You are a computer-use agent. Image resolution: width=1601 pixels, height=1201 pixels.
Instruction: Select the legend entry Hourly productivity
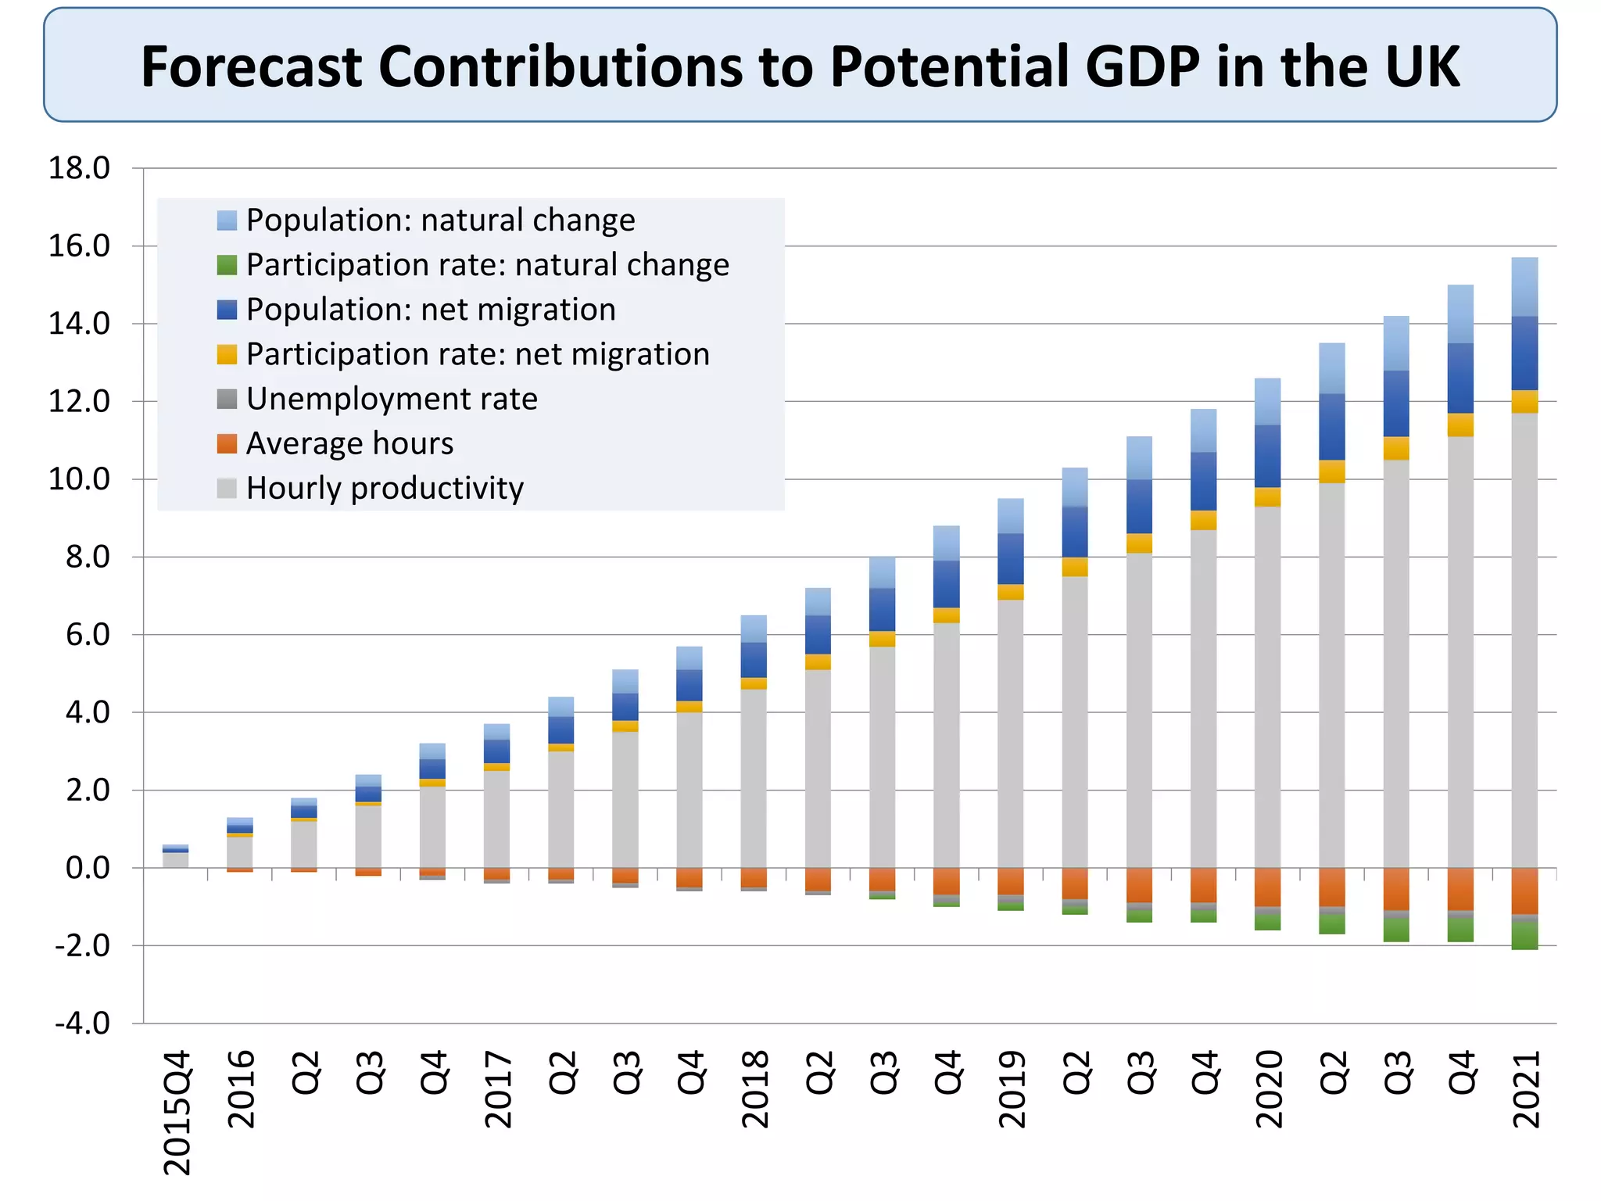[x=385, y=489]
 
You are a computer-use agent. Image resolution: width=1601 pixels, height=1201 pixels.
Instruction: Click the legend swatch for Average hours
[x=227, y=444]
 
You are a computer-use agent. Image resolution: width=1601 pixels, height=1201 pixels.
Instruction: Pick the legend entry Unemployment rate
[x=392, y=400]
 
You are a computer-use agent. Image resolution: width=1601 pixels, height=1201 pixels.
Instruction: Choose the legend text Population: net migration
[x=431, y=310]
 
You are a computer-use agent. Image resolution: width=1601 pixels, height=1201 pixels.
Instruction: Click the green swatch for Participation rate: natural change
[x=227, y=265]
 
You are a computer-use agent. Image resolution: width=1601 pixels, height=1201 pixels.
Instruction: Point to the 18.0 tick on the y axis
[x=79, y=168]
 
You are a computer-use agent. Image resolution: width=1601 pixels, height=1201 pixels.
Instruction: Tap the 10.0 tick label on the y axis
[x=79, y=479]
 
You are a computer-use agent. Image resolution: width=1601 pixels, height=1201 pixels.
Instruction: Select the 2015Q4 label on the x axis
[x=177, y=1112]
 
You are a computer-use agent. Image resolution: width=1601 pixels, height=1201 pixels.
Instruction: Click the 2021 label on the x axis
[x=1526, y=1088]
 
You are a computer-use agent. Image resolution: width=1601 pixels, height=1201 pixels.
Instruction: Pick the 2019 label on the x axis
[x=1012, y=1088]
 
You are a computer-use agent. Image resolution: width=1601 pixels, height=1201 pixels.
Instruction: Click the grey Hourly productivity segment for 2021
[x=1524, y=641]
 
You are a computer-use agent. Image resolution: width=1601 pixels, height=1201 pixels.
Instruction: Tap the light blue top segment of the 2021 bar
[x=1524, y=287]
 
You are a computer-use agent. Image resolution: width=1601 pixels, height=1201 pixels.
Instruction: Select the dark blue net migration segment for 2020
[x=1267, y=457]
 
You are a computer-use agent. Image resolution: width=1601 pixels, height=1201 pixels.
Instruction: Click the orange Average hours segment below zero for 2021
[x=1524, y=891]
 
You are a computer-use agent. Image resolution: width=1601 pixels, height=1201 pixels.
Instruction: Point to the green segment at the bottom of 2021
[x=1524, y=937]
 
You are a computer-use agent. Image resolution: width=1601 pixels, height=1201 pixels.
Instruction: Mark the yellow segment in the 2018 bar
[x=754, y=683]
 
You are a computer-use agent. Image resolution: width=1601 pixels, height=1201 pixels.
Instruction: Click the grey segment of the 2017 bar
[x=496, y=819]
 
